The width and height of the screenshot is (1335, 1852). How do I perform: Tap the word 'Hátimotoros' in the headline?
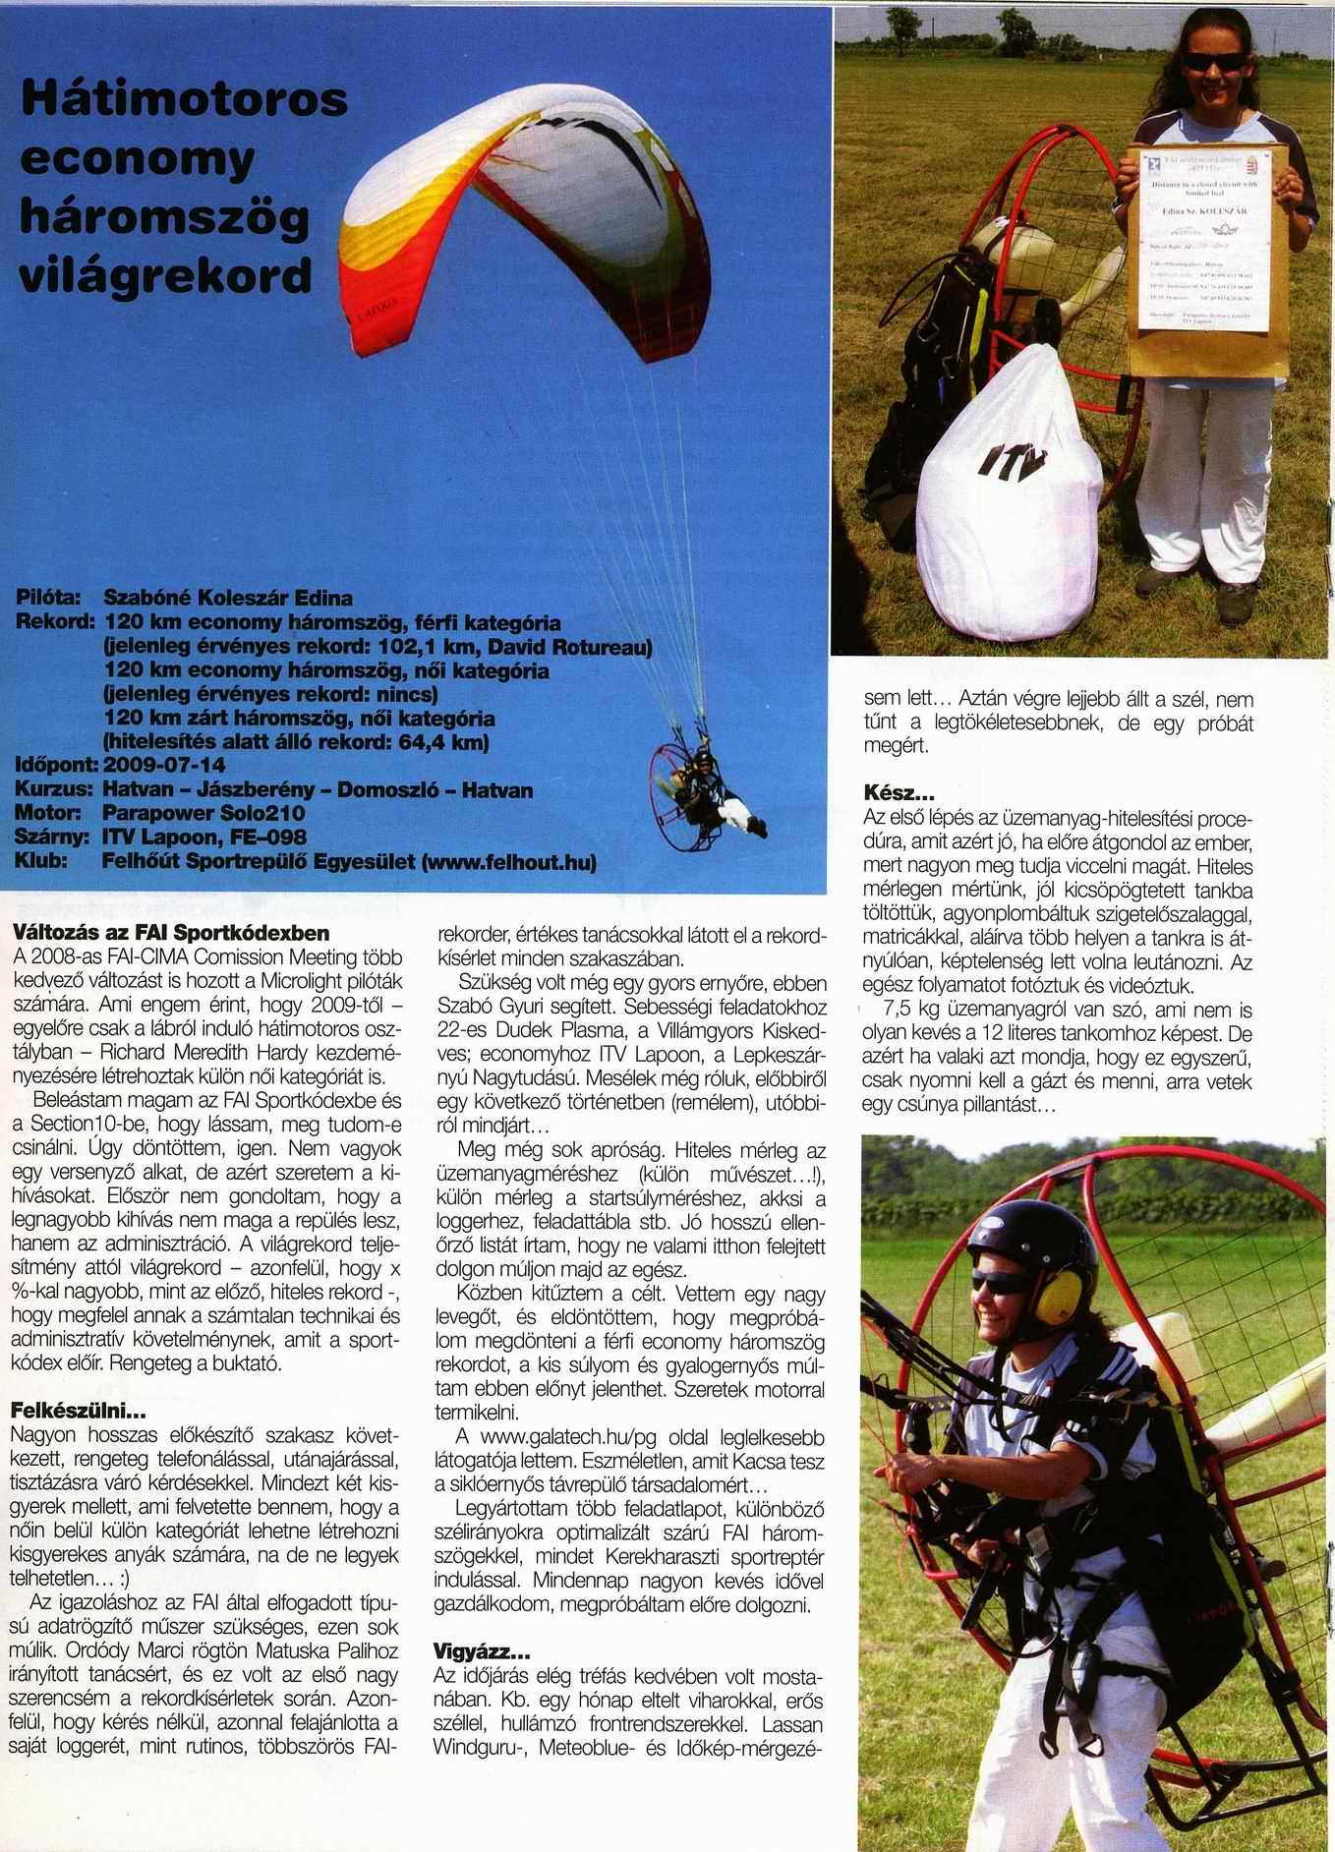click(185, 102)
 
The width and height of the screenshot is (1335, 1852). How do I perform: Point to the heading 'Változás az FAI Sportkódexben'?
click(172, 931)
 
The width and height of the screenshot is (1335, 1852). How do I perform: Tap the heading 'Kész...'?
click(899, 791)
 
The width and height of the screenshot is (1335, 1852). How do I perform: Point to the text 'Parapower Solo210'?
click(203, 813)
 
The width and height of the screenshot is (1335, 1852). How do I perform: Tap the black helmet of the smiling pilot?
click(1029, 1244)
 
